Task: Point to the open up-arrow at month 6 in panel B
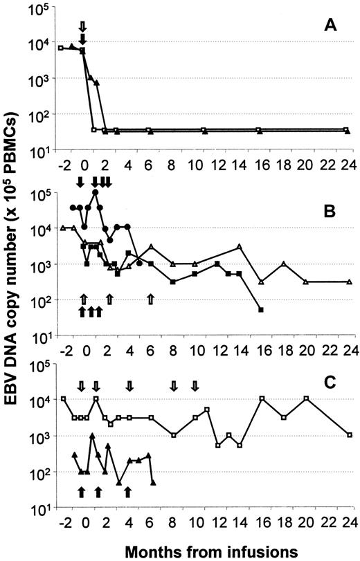151,299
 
